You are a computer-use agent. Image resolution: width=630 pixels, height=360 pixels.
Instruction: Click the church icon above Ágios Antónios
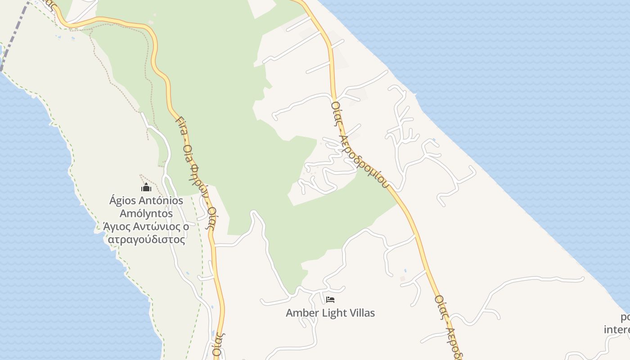point(146,187)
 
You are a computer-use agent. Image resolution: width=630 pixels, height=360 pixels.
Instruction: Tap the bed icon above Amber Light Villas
point(330,300)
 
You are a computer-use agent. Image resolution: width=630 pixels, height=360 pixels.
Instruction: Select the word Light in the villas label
point(334,313)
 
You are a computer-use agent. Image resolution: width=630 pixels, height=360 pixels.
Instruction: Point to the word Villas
point(361,313)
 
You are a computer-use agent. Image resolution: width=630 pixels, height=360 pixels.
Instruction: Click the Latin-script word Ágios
point(121,201)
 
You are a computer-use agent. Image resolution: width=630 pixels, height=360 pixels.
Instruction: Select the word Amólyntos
point(146,213)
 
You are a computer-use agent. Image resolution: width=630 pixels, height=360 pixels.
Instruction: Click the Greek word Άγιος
point(116,226)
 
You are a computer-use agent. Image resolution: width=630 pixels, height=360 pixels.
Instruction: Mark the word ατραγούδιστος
point(146,239)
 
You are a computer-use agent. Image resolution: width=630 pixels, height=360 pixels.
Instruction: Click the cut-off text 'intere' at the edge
point(617,329)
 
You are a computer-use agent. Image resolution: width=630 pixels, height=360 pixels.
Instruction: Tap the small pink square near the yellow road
point(403,279)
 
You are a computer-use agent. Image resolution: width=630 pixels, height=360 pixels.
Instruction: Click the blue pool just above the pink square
point(405,271)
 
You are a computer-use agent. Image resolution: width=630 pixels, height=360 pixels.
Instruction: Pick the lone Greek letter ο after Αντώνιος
point(186,226)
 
